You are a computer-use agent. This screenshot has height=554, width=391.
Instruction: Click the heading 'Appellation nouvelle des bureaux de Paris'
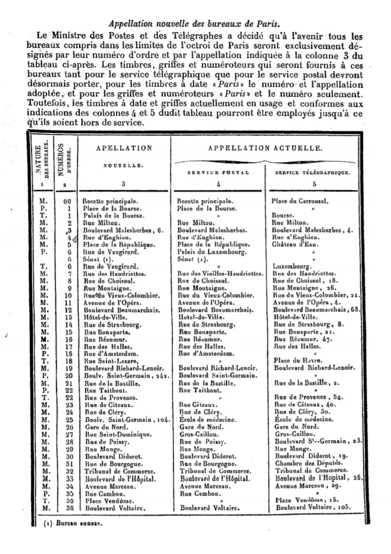pos(194,24)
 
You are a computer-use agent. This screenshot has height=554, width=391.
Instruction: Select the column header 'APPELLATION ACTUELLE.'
pos(265,147)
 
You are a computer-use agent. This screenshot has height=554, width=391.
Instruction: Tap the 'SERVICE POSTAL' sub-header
pos(218,172)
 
